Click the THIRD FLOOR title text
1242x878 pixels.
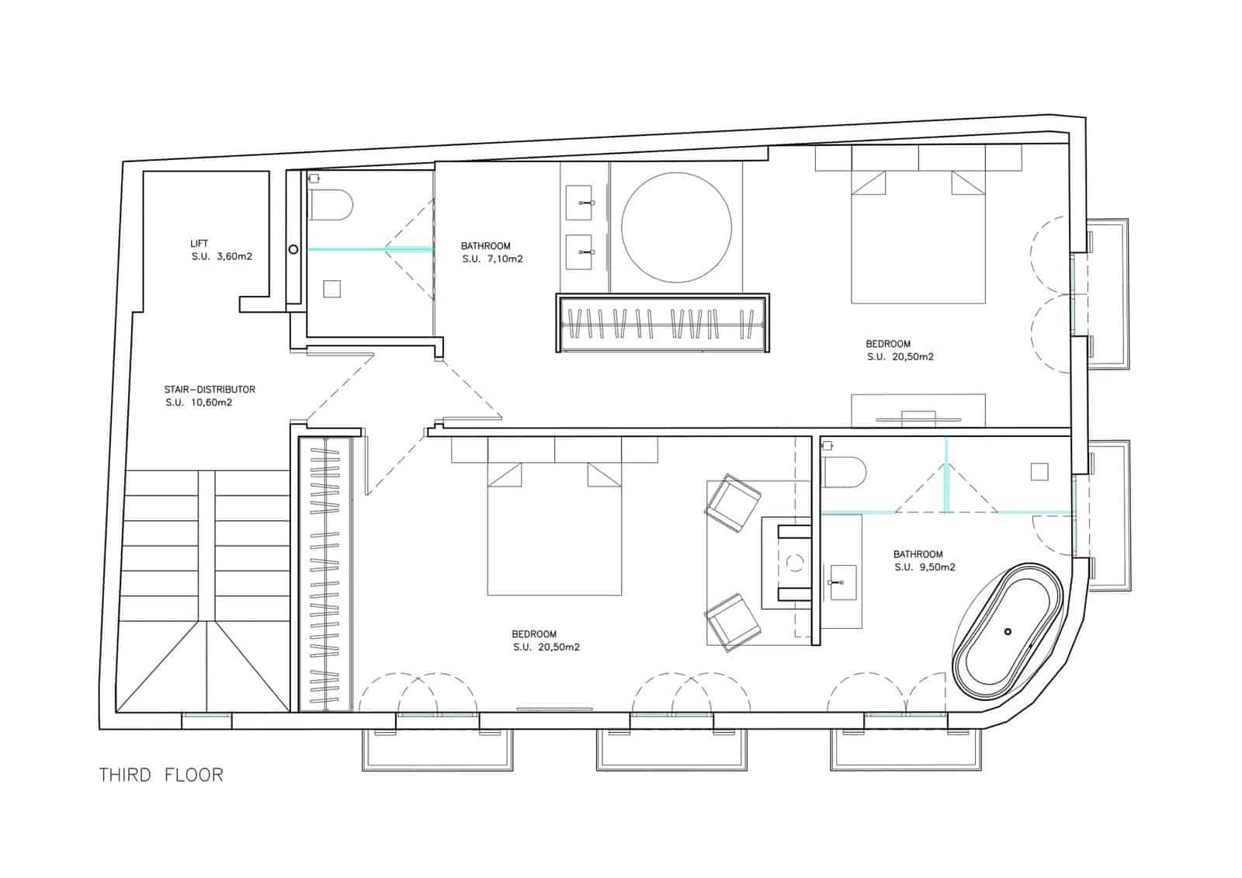(161, 775)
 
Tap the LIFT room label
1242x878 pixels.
(199, 243)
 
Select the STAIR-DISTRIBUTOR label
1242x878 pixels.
(210, 390)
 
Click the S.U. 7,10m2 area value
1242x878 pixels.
(492, 259)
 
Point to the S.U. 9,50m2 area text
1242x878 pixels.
(925, 567)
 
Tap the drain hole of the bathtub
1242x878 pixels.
(1008, 631)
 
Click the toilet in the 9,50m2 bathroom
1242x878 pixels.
(842, 471)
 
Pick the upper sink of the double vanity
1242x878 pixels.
(578, 203)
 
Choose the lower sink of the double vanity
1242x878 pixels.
(578, 252)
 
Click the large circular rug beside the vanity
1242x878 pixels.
(676, 227)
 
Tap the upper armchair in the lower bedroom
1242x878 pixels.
(732, 502)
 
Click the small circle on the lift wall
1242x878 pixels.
(293, 249)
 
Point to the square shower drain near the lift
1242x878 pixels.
(332, 289)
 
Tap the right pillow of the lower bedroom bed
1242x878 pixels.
(604, 475)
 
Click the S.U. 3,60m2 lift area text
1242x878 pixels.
(221, 257)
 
